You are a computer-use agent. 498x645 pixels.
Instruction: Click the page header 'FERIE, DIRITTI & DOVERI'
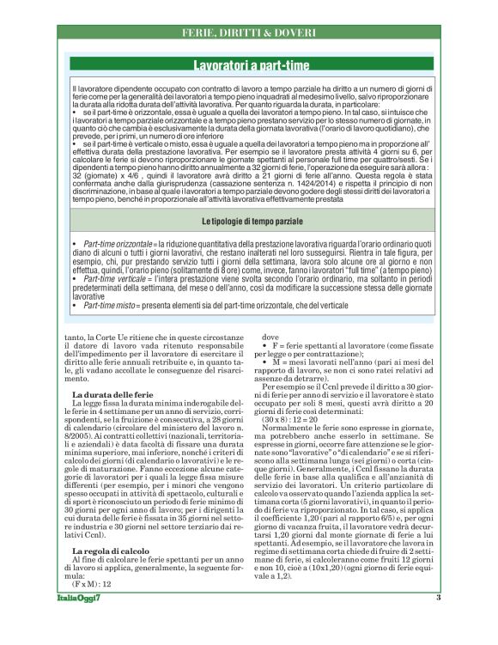pyautogui.click(x=249, y=33)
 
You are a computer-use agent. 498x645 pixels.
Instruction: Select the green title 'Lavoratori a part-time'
pyautogui.click(x=249, y=64)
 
